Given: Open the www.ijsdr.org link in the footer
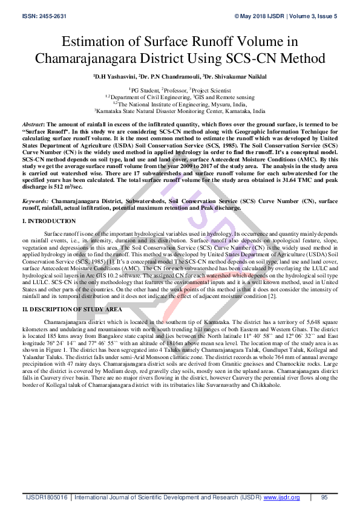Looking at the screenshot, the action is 281,498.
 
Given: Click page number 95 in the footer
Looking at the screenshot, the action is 324,498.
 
